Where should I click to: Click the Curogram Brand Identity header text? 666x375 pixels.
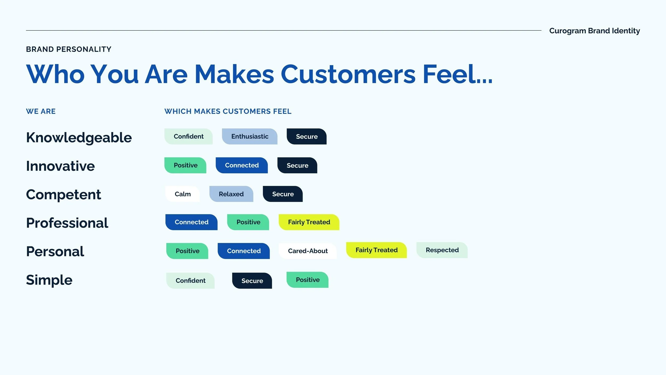point(594,31)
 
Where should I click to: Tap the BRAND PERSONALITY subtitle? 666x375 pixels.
point(68,49)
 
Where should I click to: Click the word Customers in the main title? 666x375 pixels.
point(348,74)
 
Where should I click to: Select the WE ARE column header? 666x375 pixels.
point(41,111)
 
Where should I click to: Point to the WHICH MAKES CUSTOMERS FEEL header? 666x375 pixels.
point(228,111)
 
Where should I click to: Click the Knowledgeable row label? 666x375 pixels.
point(79,138)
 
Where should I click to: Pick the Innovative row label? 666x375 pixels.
point(60,166)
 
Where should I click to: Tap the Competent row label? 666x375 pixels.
point(63,194)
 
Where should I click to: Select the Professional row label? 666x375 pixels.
point(67,223)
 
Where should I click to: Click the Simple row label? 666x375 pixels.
point(49,280)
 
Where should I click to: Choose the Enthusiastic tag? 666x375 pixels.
point(250,137)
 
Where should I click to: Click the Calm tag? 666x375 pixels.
point(182,194)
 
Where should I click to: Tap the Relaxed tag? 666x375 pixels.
point(231,194)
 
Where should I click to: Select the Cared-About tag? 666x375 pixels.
point(307,251)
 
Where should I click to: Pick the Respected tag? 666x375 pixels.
point(442,250)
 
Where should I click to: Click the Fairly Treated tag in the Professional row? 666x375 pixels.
point(309,222)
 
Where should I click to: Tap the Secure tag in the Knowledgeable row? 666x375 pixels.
point(307,137)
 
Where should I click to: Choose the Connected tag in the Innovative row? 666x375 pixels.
point(242,165)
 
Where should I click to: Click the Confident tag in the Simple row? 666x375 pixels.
point(190,281)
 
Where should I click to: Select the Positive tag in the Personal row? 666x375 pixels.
point(187,251)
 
